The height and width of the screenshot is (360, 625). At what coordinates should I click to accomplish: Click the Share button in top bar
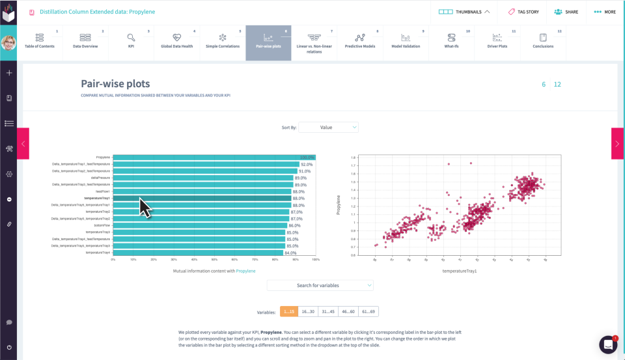click(566, 12)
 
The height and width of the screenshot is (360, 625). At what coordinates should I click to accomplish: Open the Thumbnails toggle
click(464, 12)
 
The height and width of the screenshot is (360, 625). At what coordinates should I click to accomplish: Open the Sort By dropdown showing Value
click(329, 128)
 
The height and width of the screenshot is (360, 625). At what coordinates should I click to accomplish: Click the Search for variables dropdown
click(320, 285)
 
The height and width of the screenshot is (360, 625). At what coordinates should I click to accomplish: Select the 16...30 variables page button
click(309, 312)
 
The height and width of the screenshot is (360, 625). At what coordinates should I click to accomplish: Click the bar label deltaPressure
click(101, 178)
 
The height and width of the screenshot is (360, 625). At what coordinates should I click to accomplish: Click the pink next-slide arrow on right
click(617, 143)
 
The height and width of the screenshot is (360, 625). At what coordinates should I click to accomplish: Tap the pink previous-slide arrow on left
click(23, 143)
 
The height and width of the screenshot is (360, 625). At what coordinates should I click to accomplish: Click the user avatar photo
click(8, 43)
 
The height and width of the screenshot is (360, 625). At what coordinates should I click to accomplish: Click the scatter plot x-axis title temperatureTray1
click(460, 270)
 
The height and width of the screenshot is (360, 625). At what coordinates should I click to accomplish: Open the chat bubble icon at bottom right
click(608, 344)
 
